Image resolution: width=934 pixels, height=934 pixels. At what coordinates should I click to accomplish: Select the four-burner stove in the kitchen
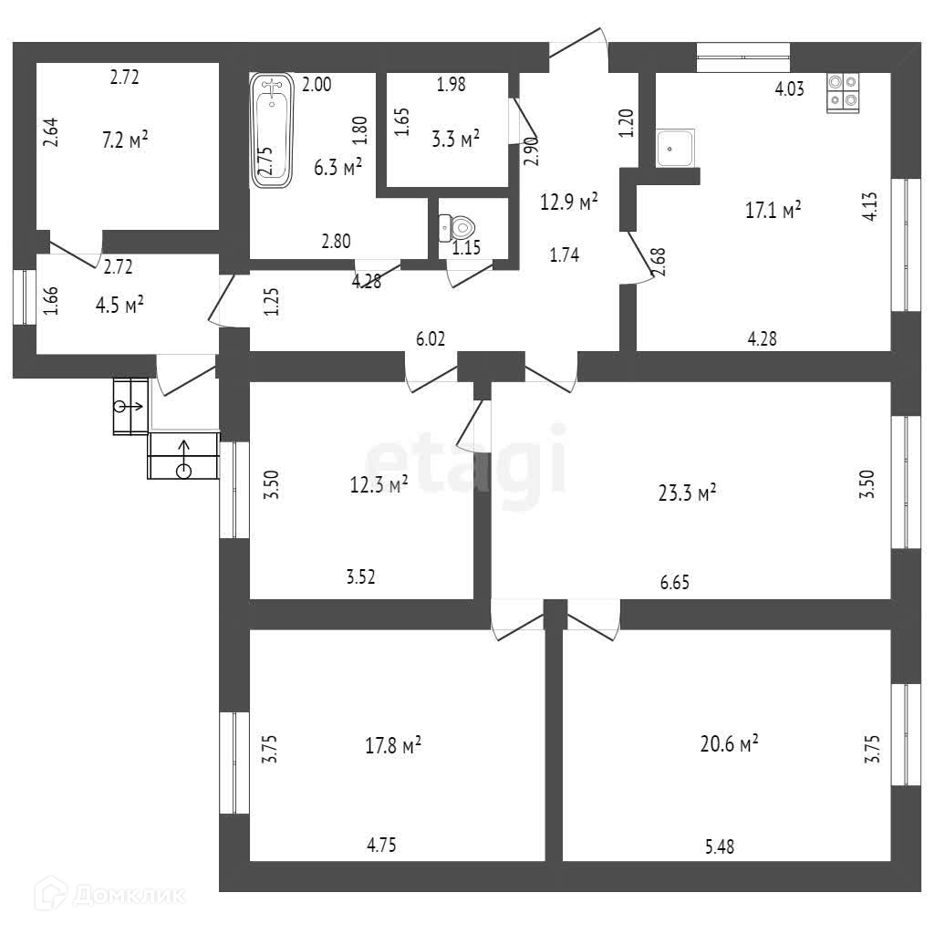click(843, 91)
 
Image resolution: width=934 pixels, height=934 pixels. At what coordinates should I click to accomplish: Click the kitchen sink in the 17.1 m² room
click(675, 147)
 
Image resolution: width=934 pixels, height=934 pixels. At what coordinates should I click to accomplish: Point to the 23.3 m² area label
click(687, 493)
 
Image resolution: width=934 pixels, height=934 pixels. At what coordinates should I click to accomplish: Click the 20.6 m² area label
click(731, 744)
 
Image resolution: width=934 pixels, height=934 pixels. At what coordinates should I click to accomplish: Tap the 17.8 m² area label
click(392, 746)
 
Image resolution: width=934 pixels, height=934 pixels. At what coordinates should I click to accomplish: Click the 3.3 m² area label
click(455, 140)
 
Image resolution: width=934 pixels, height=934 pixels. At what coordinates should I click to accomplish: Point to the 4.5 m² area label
click(119, 305)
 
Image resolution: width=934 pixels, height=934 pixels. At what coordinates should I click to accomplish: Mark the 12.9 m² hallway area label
click(569, 202)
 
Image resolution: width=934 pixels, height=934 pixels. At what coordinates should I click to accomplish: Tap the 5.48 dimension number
click(719, 846)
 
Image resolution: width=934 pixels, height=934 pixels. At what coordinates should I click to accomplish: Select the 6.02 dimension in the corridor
click(431, 338)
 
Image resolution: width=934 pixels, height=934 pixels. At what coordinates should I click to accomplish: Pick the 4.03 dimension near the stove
click(790, 89)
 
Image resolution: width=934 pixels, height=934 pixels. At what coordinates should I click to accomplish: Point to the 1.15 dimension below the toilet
click(468, 248)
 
